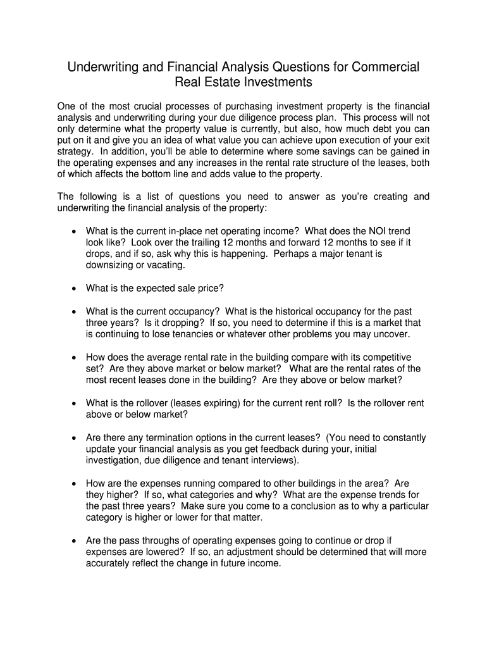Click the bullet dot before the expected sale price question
coord(73,289)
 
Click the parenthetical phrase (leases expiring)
coord(224,403)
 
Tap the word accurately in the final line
coord(108,563)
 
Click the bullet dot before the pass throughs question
coord(73,541)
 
